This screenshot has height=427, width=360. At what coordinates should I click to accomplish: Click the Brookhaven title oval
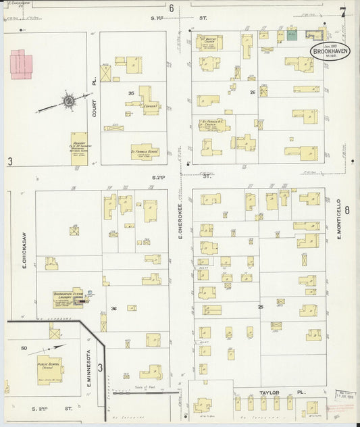point(330,51)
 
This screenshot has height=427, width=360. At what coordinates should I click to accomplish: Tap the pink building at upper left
point(22,63)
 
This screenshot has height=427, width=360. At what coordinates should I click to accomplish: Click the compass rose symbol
point(68,101)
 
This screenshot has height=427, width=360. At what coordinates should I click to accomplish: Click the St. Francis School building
point(144,151)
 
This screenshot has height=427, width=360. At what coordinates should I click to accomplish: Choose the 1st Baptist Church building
point(209,42)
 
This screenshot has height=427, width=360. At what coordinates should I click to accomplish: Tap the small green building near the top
point(292,34)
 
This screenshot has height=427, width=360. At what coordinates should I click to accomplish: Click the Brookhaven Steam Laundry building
point(69,298)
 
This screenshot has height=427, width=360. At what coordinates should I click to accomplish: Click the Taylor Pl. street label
point(274,391)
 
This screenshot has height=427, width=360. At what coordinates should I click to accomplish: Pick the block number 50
point(24,348)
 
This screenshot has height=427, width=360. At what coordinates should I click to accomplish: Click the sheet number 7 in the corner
point(343,11)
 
